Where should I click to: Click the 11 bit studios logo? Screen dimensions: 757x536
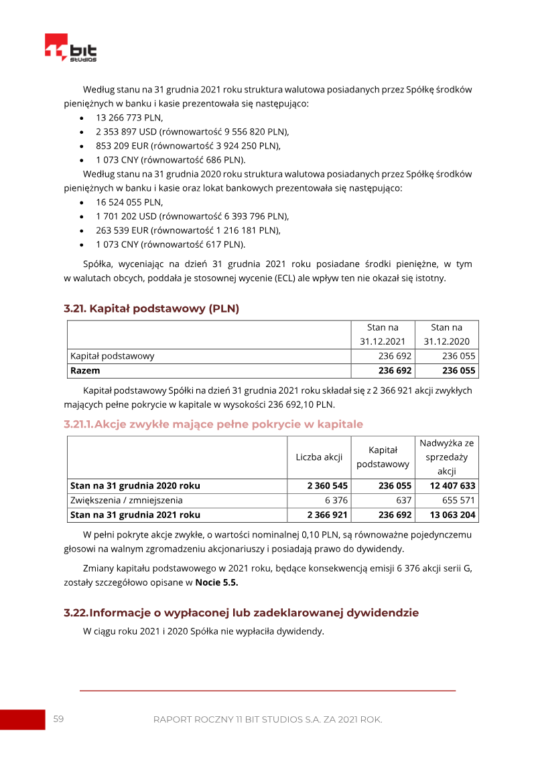pos(71,48)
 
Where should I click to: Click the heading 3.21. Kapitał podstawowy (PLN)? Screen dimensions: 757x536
pos(151,309)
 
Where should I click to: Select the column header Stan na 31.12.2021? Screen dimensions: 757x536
pos(383,335)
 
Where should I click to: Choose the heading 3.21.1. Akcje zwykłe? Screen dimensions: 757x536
pos(213,424)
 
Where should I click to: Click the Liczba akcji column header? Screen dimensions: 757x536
pos(319,457)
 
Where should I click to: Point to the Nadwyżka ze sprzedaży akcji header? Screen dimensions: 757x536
pos(446,457)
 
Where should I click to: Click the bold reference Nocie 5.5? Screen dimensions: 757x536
pos(216,582)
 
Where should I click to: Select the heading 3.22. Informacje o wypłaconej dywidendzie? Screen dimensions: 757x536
pos(241,612)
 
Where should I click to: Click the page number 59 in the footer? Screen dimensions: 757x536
pos(58,719)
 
